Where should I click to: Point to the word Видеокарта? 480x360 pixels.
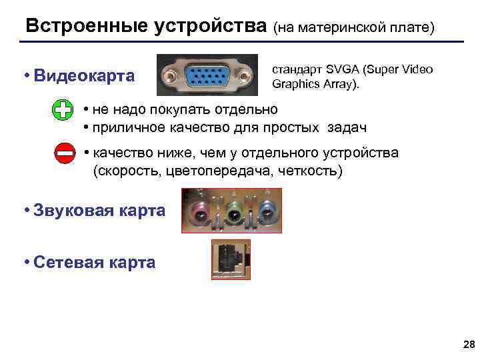(x=83, y=75)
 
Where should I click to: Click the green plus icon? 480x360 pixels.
(x=62, y=110)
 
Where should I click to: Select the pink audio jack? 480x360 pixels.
(x=201, y=213)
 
